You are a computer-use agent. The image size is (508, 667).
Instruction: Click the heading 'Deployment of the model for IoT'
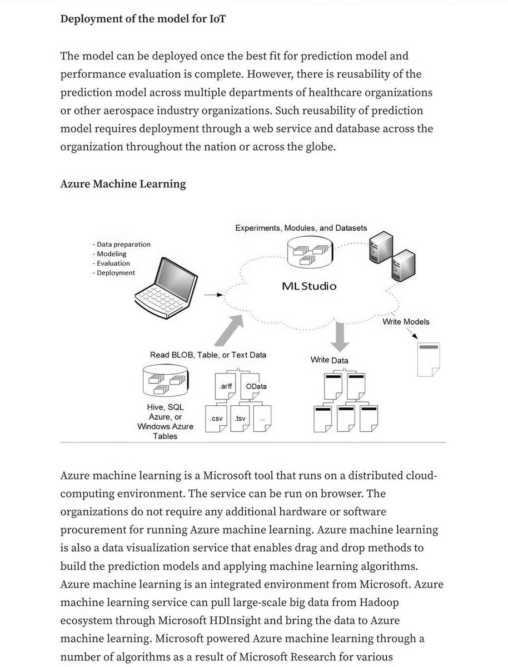click(143, 18)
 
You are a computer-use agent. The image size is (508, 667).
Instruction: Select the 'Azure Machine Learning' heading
click(123, 183)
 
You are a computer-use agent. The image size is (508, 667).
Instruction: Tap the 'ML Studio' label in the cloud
click(308, 287)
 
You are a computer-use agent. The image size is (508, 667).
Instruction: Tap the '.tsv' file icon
click(240, 419)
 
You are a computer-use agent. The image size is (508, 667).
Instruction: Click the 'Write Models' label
click(406, 321)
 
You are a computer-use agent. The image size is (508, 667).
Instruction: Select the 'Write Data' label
click(329, 360)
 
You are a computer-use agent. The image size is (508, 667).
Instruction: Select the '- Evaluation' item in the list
click(111, 263)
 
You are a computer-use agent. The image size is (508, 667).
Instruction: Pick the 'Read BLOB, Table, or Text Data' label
click(208, 355)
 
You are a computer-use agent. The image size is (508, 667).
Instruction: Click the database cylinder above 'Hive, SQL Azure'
click(165, 380)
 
